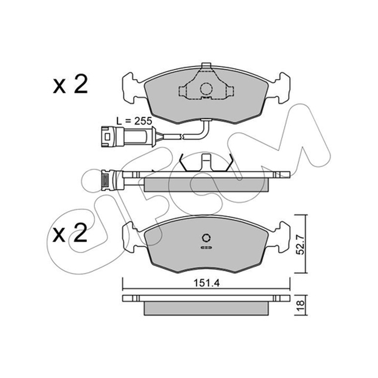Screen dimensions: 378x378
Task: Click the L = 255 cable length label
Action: (x=134, y=120)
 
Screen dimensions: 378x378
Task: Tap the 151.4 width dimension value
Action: (x=206, y=283)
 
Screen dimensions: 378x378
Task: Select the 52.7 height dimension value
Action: (x=301, y=244)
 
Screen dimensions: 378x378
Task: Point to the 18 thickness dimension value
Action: (x=301, y=305)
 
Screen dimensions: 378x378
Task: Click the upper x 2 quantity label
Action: (x=70, y=85)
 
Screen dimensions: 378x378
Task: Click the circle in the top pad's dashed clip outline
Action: (x=206, y=89)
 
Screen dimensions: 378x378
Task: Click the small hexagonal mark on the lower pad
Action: (x=206, y=238)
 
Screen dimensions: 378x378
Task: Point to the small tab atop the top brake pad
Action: (x=206, y=66)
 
